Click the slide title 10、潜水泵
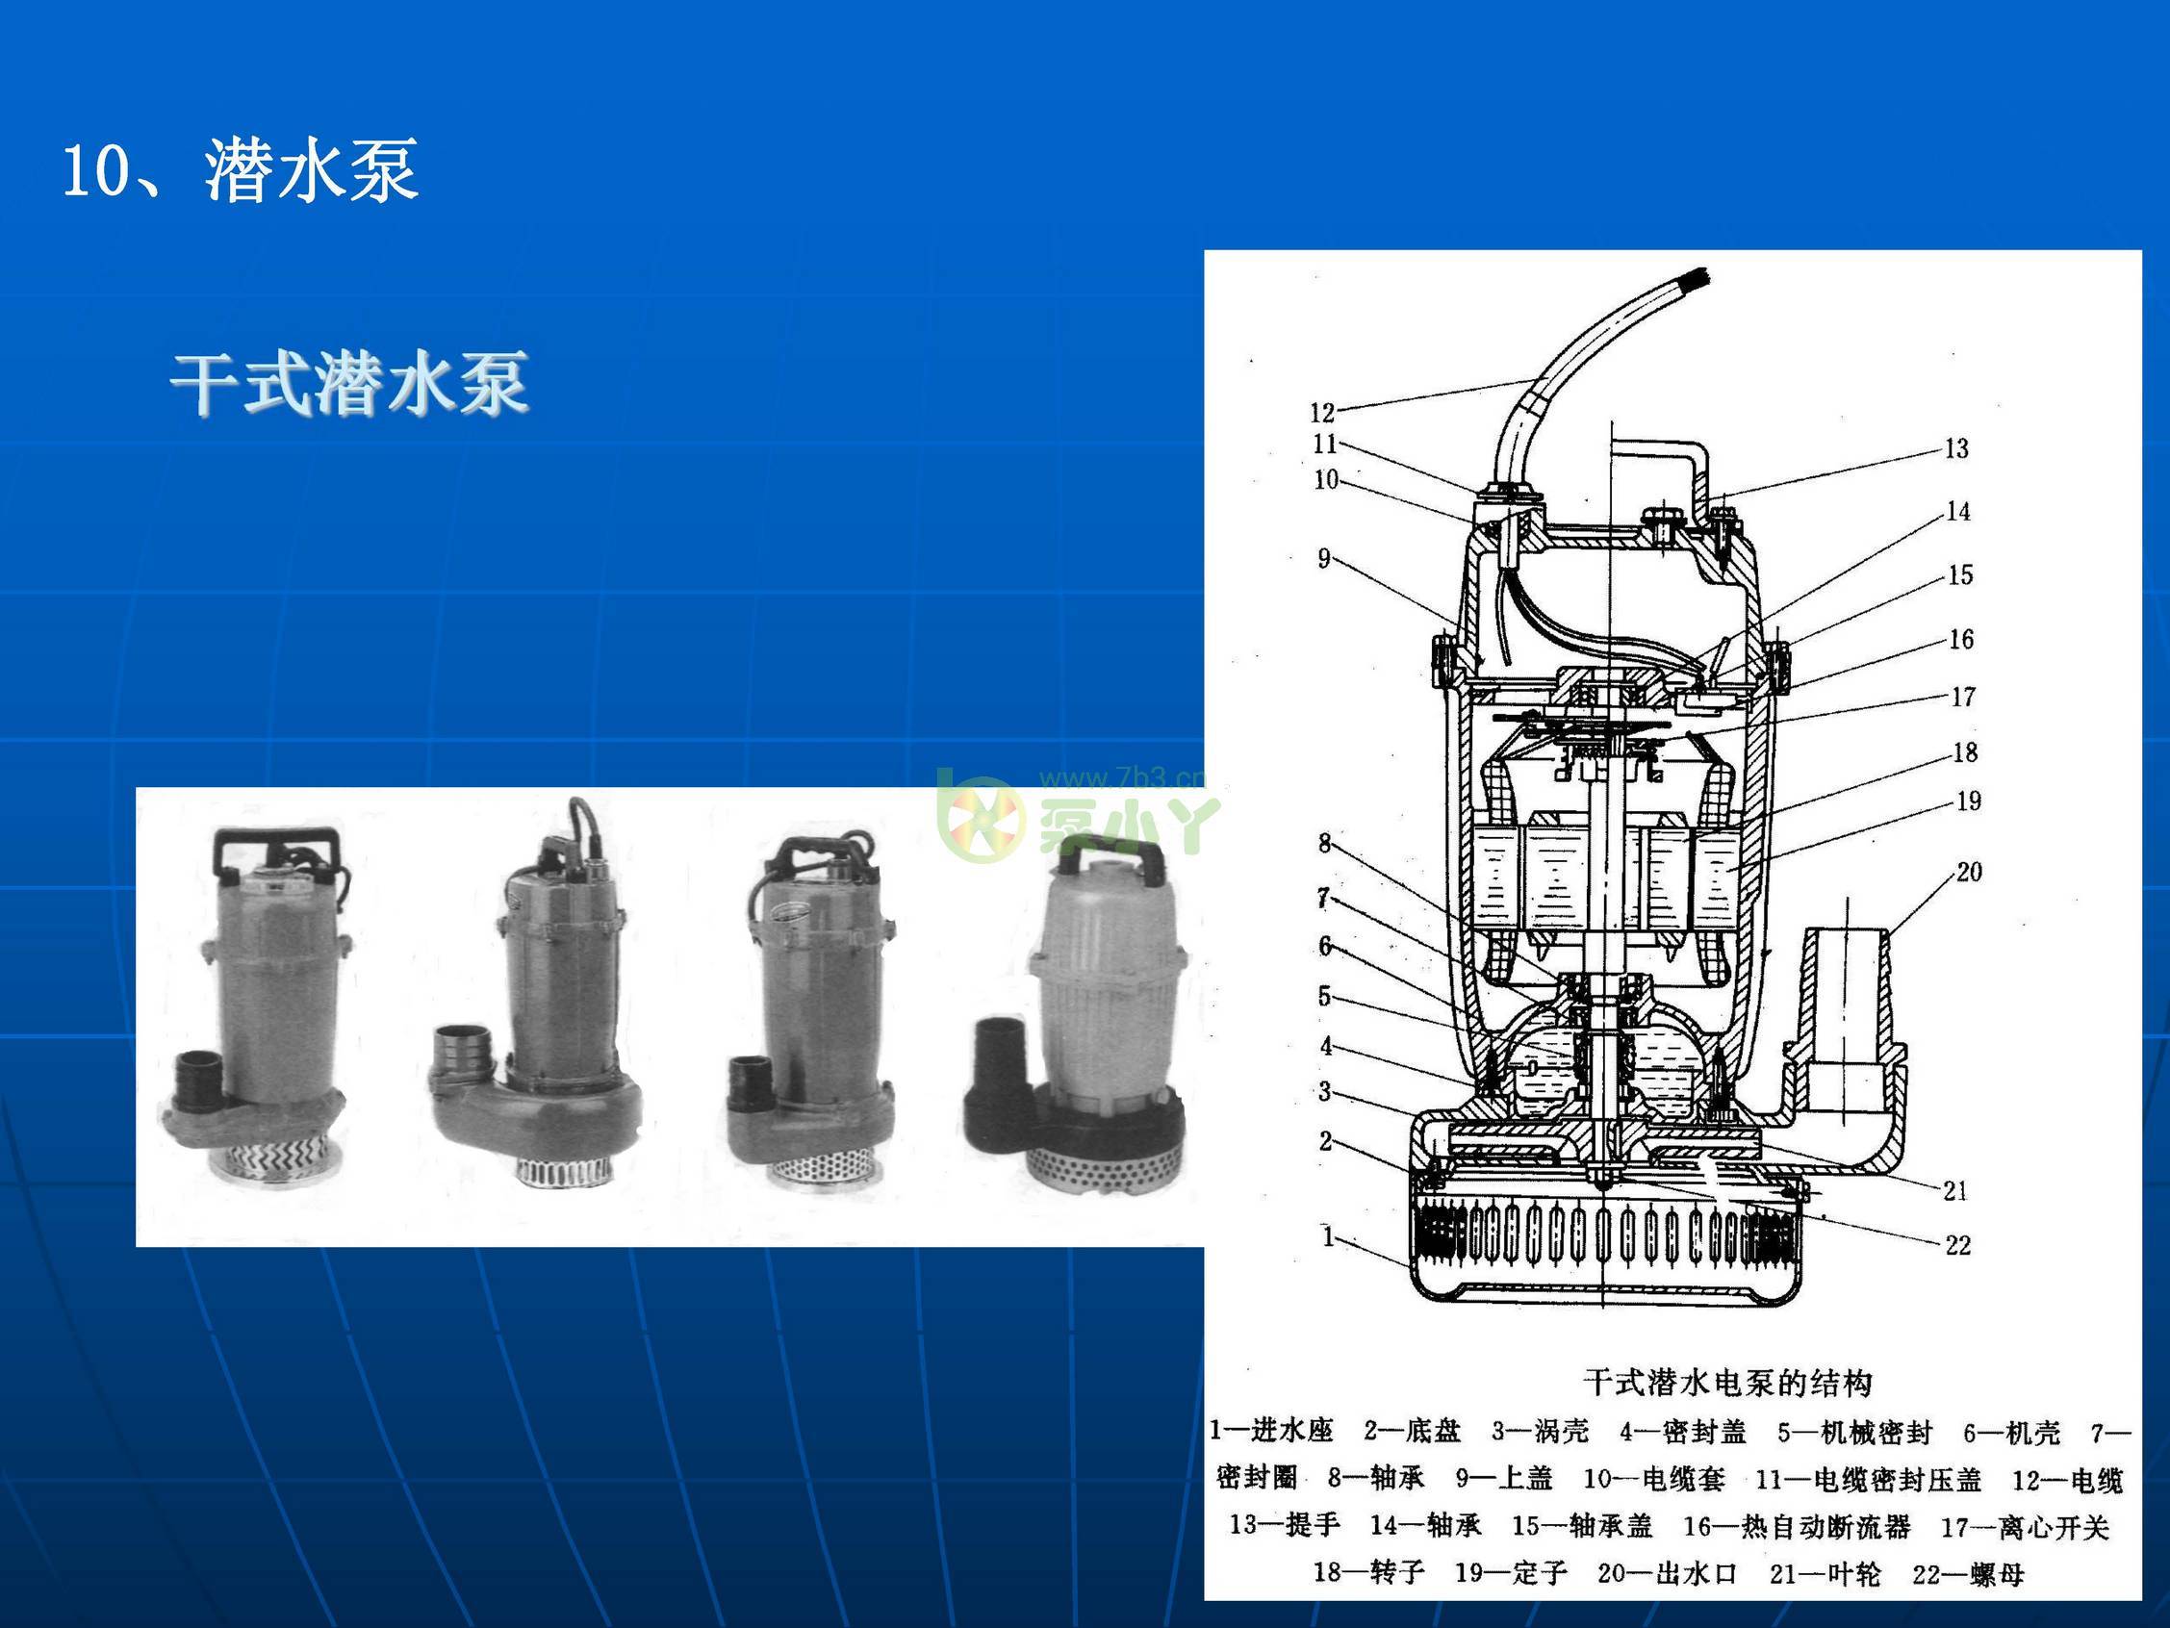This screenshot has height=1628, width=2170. pyautogui.click(x=241, y=170)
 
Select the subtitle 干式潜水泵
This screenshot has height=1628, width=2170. pyautogui.click(x=350, y=384)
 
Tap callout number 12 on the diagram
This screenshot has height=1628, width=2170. pyautogui.click(x=1321, y=413)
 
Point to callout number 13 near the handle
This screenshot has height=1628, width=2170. pyautogui.click(x=1956, y=449)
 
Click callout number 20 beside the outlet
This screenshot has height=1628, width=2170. pyautogui.click(x=1969, y=872)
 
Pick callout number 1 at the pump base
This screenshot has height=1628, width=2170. pyautogui.click(x=1327, y=1236)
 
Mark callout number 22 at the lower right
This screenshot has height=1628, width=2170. pyautogui.click(x=1957, y=1245)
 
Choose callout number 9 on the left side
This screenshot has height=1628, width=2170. pyautogui.click(x=1323, y=559)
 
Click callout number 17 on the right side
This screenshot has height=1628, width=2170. pyautogui.click(x=1962, y=698)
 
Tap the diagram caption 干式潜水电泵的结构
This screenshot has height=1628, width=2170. pyautogui.click(x=1727, y=1383)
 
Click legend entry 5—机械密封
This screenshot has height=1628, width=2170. pyautogui.click(x=1854, y=1433)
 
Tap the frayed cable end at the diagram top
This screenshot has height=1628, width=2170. pyautogui.click(x=1696, y=284)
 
